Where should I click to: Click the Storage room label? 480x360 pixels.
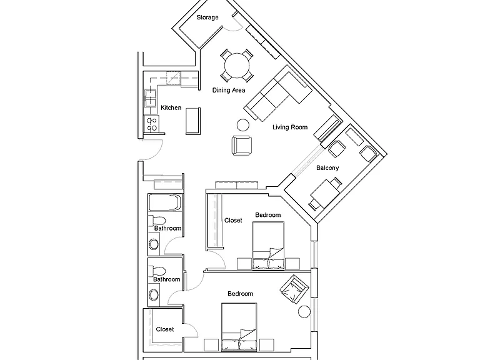point(207,17)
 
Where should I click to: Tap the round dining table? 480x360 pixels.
point(237,66)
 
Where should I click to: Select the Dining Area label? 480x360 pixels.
point(229,90)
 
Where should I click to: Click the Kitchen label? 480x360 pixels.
point(171,107)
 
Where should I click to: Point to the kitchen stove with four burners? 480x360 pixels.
point(151,124)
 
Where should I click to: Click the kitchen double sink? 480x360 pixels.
point(150,98)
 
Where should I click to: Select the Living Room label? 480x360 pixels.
point(290,127)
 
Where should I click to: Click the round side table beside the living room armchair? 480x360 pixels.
point(243,125)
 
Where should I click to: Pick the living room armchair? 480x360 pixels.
point(242,146)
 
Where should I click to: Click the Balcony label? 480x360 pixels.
point(327,167)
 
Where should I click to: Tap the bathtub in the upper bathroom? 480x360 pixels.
point(165,202)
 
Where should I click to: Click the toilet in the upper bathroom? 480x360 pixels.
point(157,221)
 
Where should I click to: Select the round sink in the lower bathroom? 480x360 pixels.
point(154,295)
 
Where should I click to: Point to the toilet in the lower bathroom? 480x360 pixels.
point(157,271)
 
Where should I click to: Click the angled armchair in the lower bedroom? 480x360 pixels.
point(294,289)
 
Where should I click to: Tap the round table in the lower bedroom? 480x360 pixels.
point(304,312)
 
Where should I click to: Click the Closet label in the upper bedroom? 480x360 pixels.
point(233,221)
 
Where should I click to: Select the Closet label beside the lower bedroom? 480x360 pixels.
point(165,329)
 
